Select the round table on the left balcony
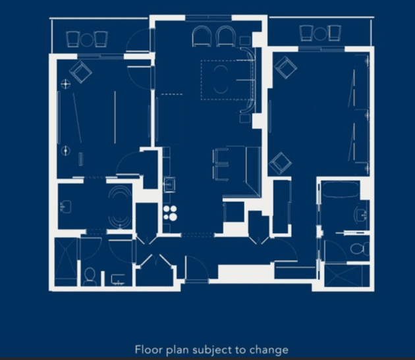point(87,39)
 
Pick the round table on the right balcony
point(320,34)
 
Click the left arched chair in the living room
point(202,36)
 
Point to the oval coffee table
point(221,80)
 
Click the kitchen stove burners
point(170,213)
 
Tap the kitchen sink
point(169,184)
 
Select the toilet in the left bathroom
point(90,276)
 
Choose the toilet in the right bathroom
point(360,249)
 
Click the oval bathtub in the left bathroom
point(120,207)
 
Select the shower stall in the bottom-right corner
point(347,275)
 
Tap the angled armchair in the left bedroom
point(80,72)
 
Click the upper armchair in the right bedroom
point(285,67)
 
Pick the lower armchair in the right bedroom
point(280,163)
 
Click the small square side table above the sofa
point(245,41)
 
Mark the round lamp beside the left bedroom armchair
point(65,84)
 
